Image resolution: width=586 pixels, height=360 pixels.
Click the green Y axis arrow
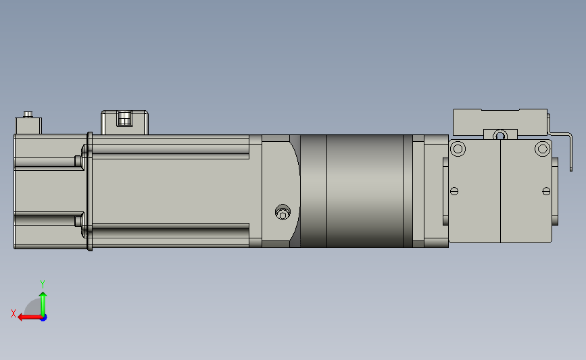pos(43,301)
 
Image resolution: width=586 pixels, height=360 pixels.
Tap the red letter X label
pos(13,313)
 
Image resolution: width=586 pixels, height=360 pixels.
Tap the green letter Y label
pos(42,284)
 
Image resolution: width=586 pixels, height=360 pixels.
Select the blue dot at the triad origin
pos(43,317)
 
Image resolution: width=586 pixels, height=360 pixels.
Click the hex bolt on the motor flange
pos(283,213)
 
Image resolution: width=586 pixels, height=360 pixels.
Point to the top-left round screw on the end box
pos(458,149)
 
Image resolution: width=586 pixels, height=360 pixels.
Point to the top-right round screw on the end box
pos(541,149)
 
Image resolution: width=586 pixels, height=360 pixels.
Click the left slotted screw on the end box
pos(454,191)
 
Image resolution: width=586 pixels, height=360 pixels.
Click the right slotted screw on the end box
pos(546,191)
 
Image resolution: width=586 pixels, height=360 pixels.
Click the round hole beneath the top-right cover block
pos(499,135)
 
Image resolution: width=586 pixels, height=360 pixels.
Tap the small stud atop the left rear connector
pos(28,114)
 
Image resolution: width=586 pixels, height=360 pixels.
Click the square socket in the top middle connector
pos(123,120)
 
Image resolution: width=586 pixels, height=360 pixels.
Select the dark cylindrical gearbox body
pos(355,190)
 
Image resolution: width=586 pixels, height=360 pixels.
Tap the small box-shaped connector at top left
pos(28,126)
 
